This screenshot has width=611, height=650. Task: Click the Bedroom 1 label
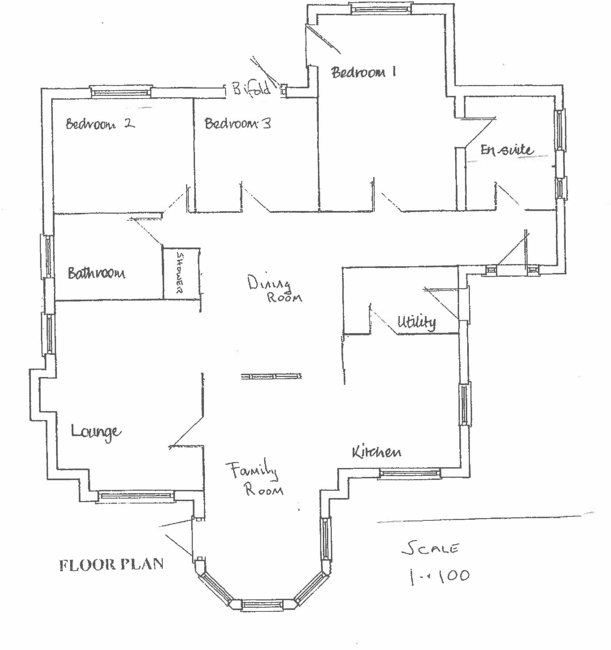363,72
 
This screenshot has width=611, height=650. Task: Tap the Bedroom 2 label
100,124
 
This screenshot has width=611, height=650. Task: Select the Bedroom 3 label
238,123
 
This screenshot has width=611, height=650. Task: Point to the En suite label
506,150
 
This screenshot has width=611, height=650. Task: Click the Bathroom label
96,273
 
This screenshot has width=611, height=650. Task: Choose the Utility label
416,322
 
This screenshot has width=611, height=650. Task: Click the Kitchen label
376,452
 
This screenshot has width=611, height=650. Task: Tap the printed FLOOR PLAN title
111,565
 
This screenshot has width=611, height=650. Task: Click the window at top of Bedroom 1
381,9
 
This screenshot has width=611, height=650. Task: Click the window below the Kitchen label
409,474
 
